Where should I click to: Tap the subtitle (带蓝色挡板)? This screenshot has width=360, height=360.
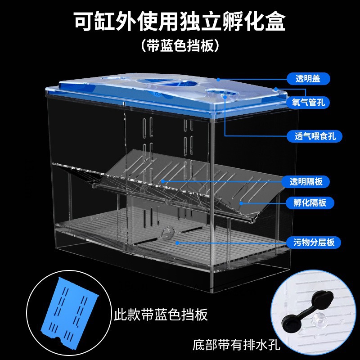[x=180, y=45]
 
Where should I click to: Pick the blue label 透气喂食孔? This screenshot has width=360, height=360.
[x=312, y=135]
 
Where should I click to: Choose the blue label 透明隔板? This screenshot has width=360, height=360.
[x=306, y=182]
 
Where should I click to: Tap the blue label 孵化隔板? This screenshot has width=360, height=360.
[x=306, y=202]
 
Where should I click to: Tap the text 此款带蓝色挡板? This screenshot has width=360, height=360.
[x=161, y=314]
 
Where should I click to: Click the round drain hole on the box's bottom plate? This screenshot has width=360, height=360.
[x=167, y=233]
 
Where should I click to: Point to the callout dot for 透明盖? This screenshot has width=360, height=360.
[x=218, y=79]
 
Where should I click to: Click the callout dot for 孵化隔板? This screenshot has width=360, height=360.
[x=241, y=203]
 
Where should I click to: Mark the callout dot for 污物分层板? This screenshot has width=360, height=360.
[x=177, y=243]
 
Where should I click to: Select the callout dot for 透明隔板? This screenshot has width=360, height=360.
[x=162, y=182]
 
